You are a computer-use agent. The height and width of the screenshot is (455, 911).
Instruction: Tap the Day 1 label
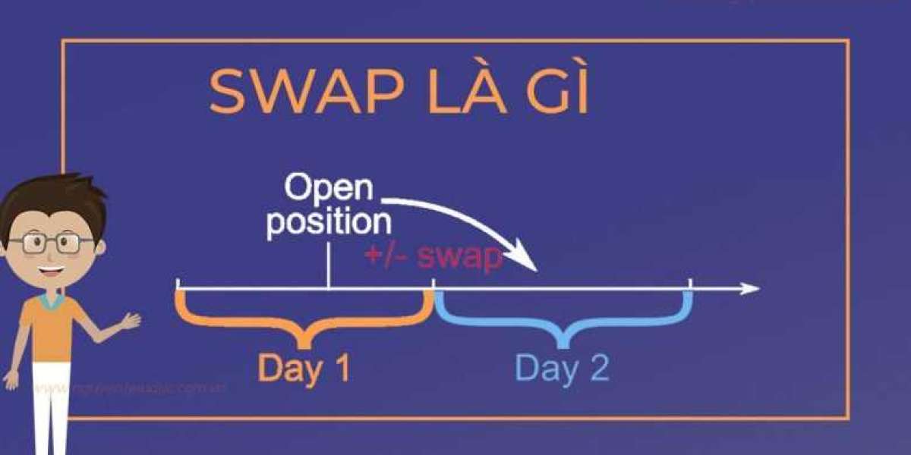(x=304, y=369)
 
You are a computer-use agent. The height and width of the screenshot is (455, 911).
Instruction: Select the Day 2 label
(x=562, y=369)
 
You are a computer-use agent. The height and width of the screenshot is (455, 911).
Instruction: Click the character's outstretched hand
(x=131, y=322)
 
